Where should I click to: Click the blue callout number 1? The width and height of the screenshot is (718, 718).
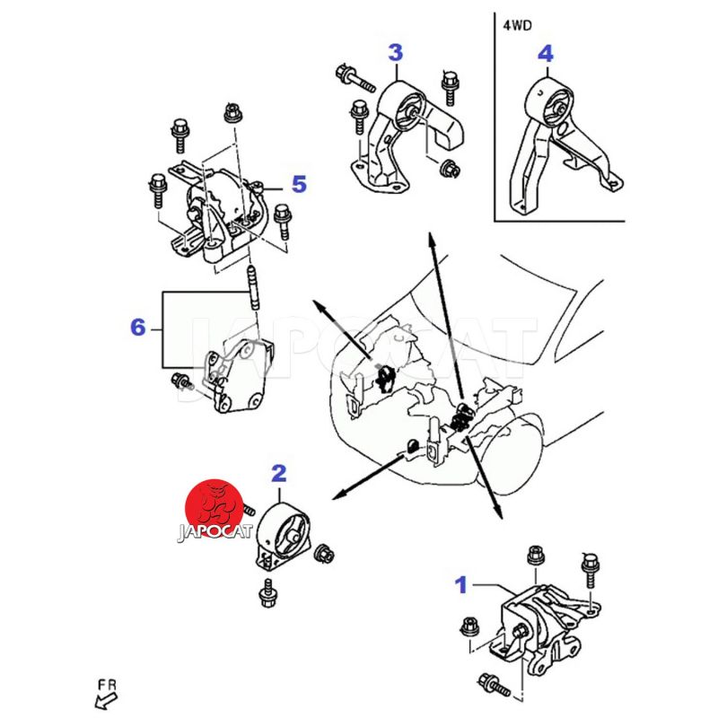[461, 586]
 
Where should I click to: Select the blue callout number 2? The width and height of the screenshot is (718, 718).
[278, 473]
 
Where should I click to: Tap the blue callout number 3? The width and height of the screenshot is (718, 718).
[395, 52]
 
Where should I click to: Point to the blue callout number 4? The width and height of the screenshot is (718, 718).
[545, 54]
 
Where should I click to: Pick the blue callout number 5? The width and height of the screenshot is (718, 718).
[298, 185]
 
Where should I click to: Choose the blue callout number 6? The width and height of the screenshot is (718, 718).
[137, 328]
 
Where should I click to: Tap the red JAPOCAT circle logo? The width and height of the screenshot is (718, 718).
[213, 510]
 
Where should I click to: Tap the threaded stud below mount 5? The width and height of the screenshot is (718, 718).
[254, 287]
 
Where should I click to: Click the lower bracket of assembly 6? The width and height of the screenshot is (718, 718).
[238, 377]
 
